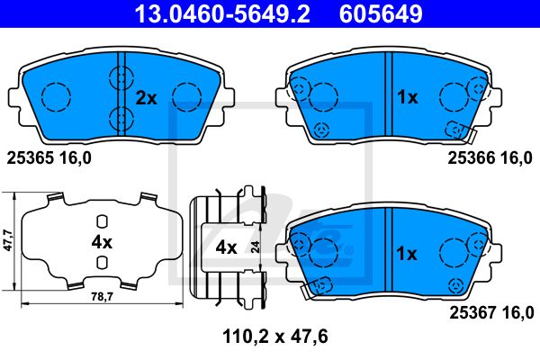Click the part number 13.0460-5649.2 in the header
tap(222, 13)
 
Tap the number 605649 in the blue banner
tap(381, 13)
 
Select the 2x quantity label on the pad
tap(146, 98)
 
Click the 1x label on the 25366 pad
tap(408, 97)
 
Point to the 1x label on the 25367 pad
tap(407, 254)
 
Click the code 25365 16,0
tap(49, 158)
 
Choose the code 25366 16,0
tap(490, 157)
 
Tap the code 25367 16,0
tap(491, 313)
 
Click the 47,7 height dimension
tap(7, 240)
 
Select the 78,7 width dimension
tap(103, 297)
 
